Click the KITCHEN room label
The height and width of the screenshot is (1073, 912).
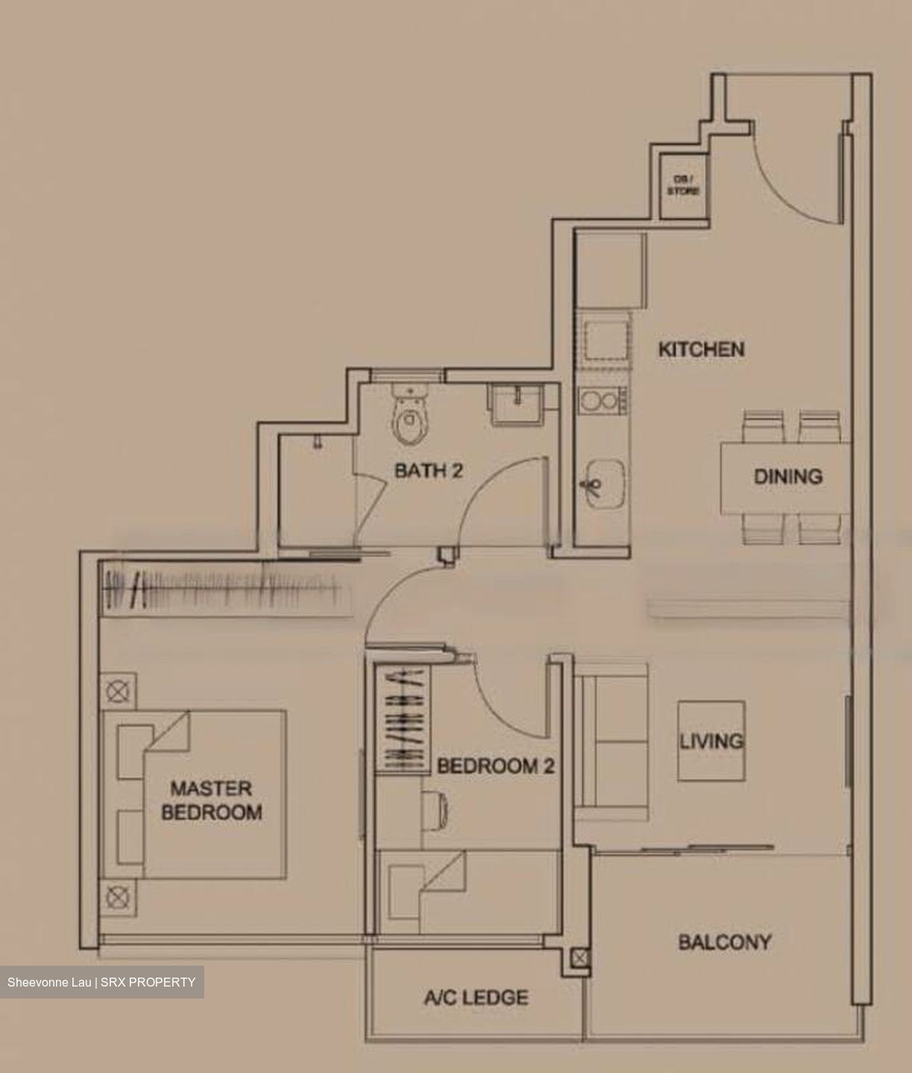[701, 349]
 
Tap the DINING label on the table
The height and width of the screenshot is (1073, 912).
[788, 476]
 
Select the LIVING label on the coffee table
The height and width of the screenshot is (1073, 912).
[711, 741]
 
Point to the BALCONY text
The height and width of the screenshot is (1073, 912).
[724, 943]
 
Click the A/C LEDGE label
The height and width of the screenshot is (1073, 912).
[476, 997]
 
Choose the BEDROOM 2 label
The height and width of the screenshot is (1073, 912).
[495, 766]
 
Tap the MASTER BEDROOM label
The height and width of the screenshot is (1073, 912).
[212, 800]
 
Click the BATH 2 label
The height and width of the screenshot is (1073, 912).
[428, 471]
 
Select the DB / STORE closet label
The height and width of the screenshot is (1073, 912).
[683, 186]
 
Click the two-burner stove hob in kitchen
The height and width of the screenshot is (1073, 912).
[601, 402]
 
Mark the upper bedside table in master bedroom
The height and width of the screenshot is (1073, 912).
[118, 692]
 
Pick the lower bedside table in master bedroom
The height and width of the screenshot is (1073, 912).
[118, 897]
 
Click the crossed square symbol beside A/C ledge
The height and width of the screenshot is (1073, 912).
[580, 958]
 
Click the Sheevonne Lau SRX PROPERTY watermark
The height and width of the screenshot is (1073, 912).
[101, 982]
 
